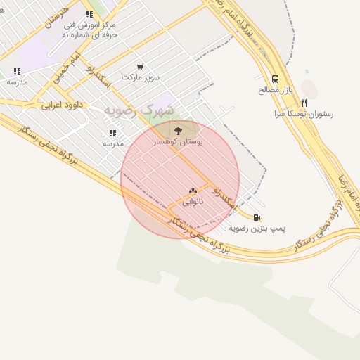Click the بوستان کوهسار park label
[178, 142]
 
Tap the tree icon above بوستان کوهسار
[177, 129]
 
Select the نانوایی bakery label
[193, 202]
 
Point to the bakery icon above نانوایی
[193, 190]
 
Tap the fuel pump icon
[257, 217]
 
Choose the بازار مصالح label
[276, 90]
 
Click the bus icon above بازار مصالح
[274, 79]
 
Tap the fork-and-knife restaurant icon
[304, 102]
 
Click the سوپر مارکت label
[141, 77]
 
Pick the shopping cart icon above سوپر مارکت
[140, 66]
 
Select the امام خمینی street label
[68, 68]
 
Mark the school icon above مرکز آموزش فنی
[89, 14]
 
